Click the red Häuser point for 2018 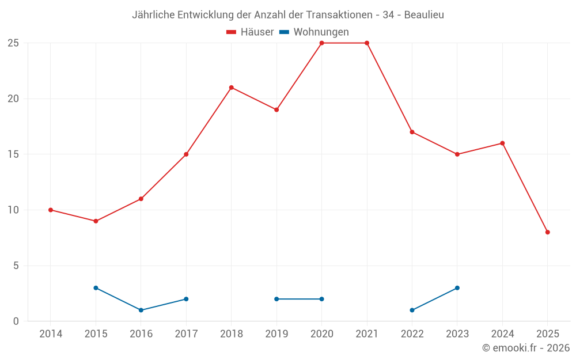(232, 88)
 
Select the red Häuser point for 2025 (548, 232)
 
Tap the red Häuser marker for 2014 (51, 210)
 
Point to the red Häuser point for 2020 (322, 43)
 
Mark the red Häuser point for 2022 (412, 132)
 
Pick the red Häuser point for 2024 (502, 143)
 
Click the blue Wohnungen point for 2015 (96, 288)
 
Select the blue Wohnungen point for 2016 (141, 310)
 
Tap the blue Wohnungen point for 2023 (457, 288)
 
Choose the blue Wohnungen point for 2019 (276, 299)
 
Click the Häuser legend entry (250, 32)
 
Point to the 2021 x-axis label (367, 334)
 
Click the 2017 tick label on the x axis (186, 334)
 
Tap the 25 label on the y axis (13, 43)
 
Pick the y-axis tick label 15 (13, 154)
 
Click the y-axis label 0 (16, 321)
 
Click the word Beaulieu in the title (424, 15)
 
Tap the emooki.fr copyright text (526, 348)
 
